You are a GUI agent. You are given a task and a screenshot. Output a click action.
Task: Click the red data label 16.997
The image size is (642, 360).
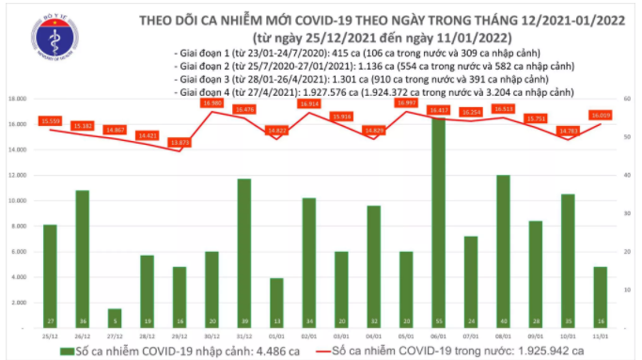(x=405, y=103)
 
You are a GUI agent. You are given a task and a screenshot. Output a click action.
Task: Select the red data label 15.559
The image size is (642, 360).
(x=51, y=120)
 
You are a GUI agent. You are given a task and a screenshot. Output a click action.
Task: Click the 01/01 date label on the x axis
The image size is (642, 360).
(x=274, y=336)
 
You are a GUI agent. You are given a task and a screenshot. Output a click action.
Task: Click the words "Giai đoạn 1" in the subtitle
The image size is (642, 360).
(x=205, y=54)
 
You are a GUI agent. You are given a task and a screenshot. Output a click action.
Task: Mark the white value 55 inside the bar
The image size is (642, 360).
(x=439, y=320)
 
